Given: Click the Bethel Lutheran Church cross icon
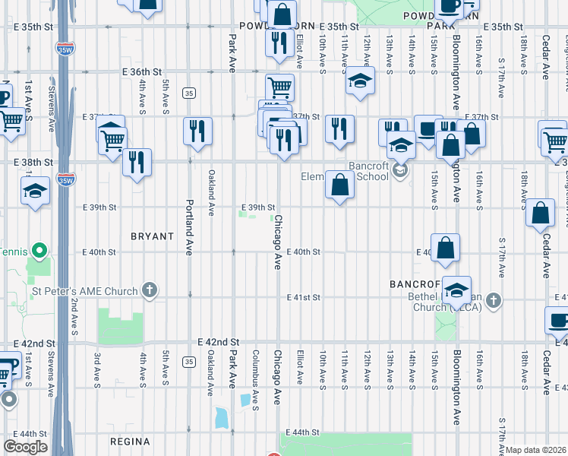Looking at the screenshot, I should pyautogui.click(x=494, y=299).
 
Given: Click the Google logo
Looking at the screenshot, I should pyautogui.click(x=25, y=447).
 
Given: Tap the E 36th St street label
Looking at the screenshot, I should pyautogui.click(x=143, y=71).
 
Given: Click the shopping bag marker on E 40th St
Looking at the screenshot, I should pyautogui.click(x=447, y=248).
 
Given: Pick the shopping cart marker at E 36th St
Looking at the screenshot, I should pyautogui.click(x=279, y=88).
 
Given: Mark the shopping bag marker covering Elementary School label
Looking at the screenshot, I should pyautogui.click(x=340, y=184).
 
